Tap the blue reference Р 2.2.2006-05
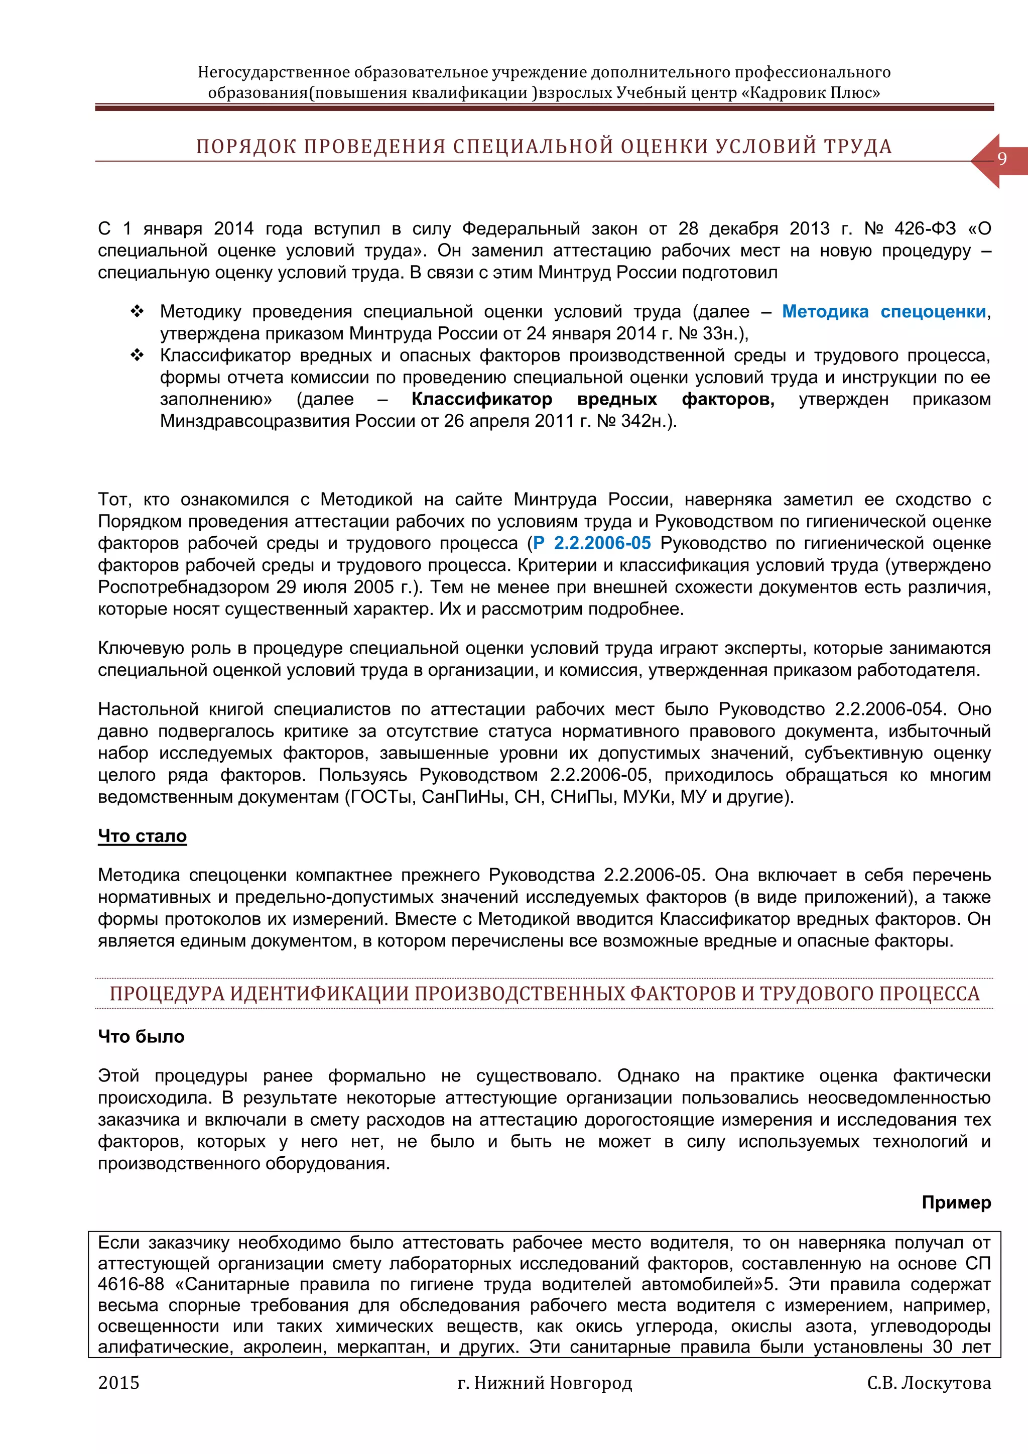[592, 543]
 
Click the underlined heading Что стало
[143, 836]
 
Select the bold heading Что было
[141, 1037]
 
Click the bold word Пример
[956, 1202]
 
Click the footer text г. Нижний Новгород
[545, 1383]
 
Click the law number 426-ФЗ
[925, 228]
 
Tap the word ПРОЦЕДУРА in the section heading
[167, 994]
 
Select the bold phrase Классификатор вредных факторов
[592, 399]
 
